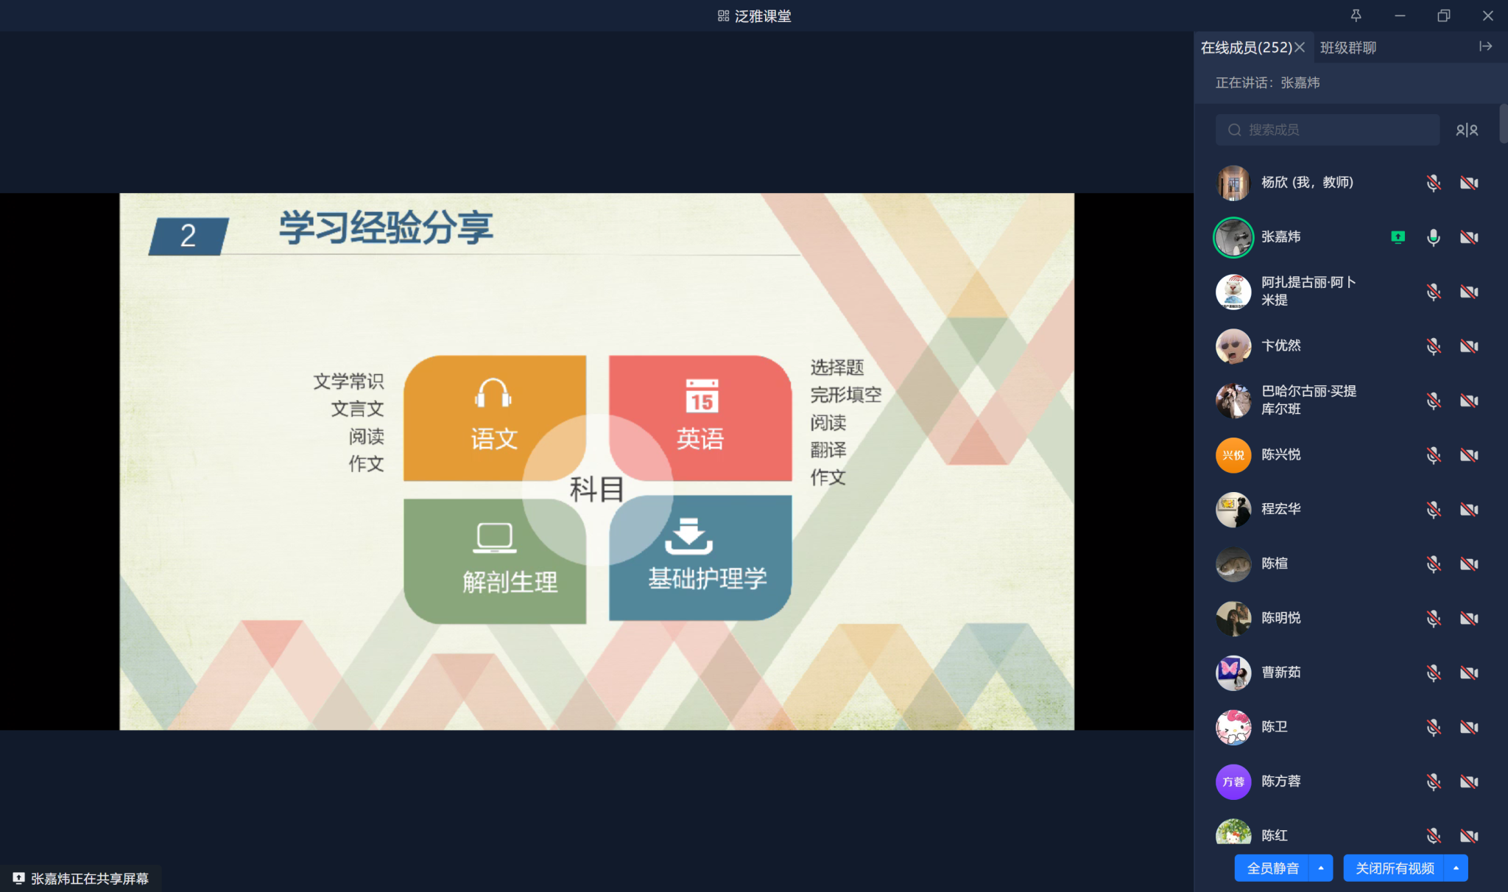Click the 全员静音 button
1272,868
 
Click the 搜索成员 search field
1327,130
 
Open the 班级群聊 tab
1348,48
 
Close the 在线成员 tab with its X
1300,47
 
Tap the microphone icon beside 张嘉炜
1433,237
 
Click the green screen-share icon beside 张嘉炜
1398,236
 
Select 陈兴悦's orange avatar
1233,455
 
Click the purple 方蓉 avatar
1233,782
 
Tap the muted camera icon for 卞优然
1469,346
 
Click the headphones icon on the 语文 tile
493,393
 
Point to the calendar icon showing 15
702,396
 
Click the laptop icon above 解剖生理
494,538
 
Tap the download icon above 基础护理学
688,535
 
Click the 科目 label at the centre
597,489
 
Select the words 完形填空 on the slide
846,396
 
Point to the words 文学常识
348,382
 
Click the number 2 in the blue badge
188,236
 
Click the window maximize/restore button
1443,15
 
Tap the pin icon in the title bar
1356,15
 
